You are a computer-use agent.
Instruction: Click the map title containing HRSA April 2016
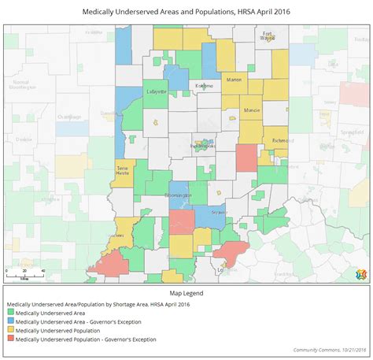tap(186, 13)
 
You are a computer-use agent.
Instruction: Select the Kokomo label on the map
tap(206, 85)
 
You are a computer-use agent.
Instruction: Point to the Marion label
tap(234, 80)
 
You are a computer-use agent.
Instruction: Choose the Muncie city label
tap(252, 109)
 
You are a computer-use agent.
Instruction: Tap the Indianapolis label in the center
tap(201, 146)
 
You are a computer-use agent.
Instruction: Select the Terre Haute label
tap(123, 172)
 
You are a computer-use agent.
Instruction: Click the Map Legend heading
tap(186, 293)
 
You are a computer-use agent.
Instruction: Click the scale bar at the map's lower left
tap(25, 272)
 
